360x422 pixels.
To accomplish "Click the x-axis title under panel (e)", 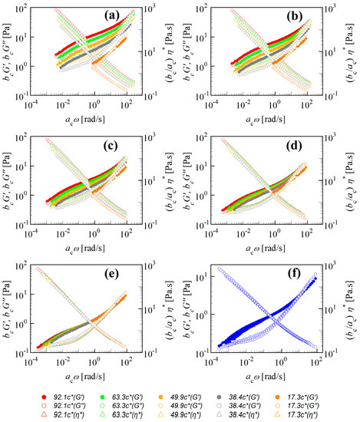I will pos(76,373).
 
